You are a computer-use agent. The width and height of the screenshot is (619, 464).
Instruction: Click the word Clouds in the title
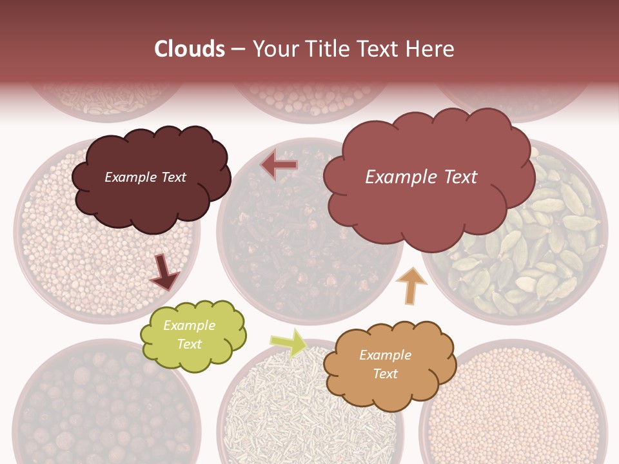190,49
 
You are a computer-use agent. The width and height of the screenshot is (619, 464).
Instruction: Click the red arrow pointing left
279,166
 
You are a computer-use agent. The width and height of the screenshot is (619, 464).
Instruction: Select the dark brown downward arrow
165,273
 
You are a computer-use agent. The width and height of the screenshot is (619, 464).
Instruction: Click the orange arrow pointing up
411,285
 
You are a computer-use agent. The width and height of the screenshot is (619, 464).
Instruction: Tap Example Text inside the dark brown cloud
145,177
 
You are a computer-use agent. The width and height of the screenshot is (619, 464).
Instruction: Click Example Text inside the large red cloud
421,177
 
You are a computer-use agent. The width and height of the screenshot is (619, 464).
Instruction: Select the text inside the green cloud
190,335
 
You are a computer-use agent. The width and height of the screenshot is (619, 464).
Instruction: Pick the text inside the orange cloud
385,364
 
